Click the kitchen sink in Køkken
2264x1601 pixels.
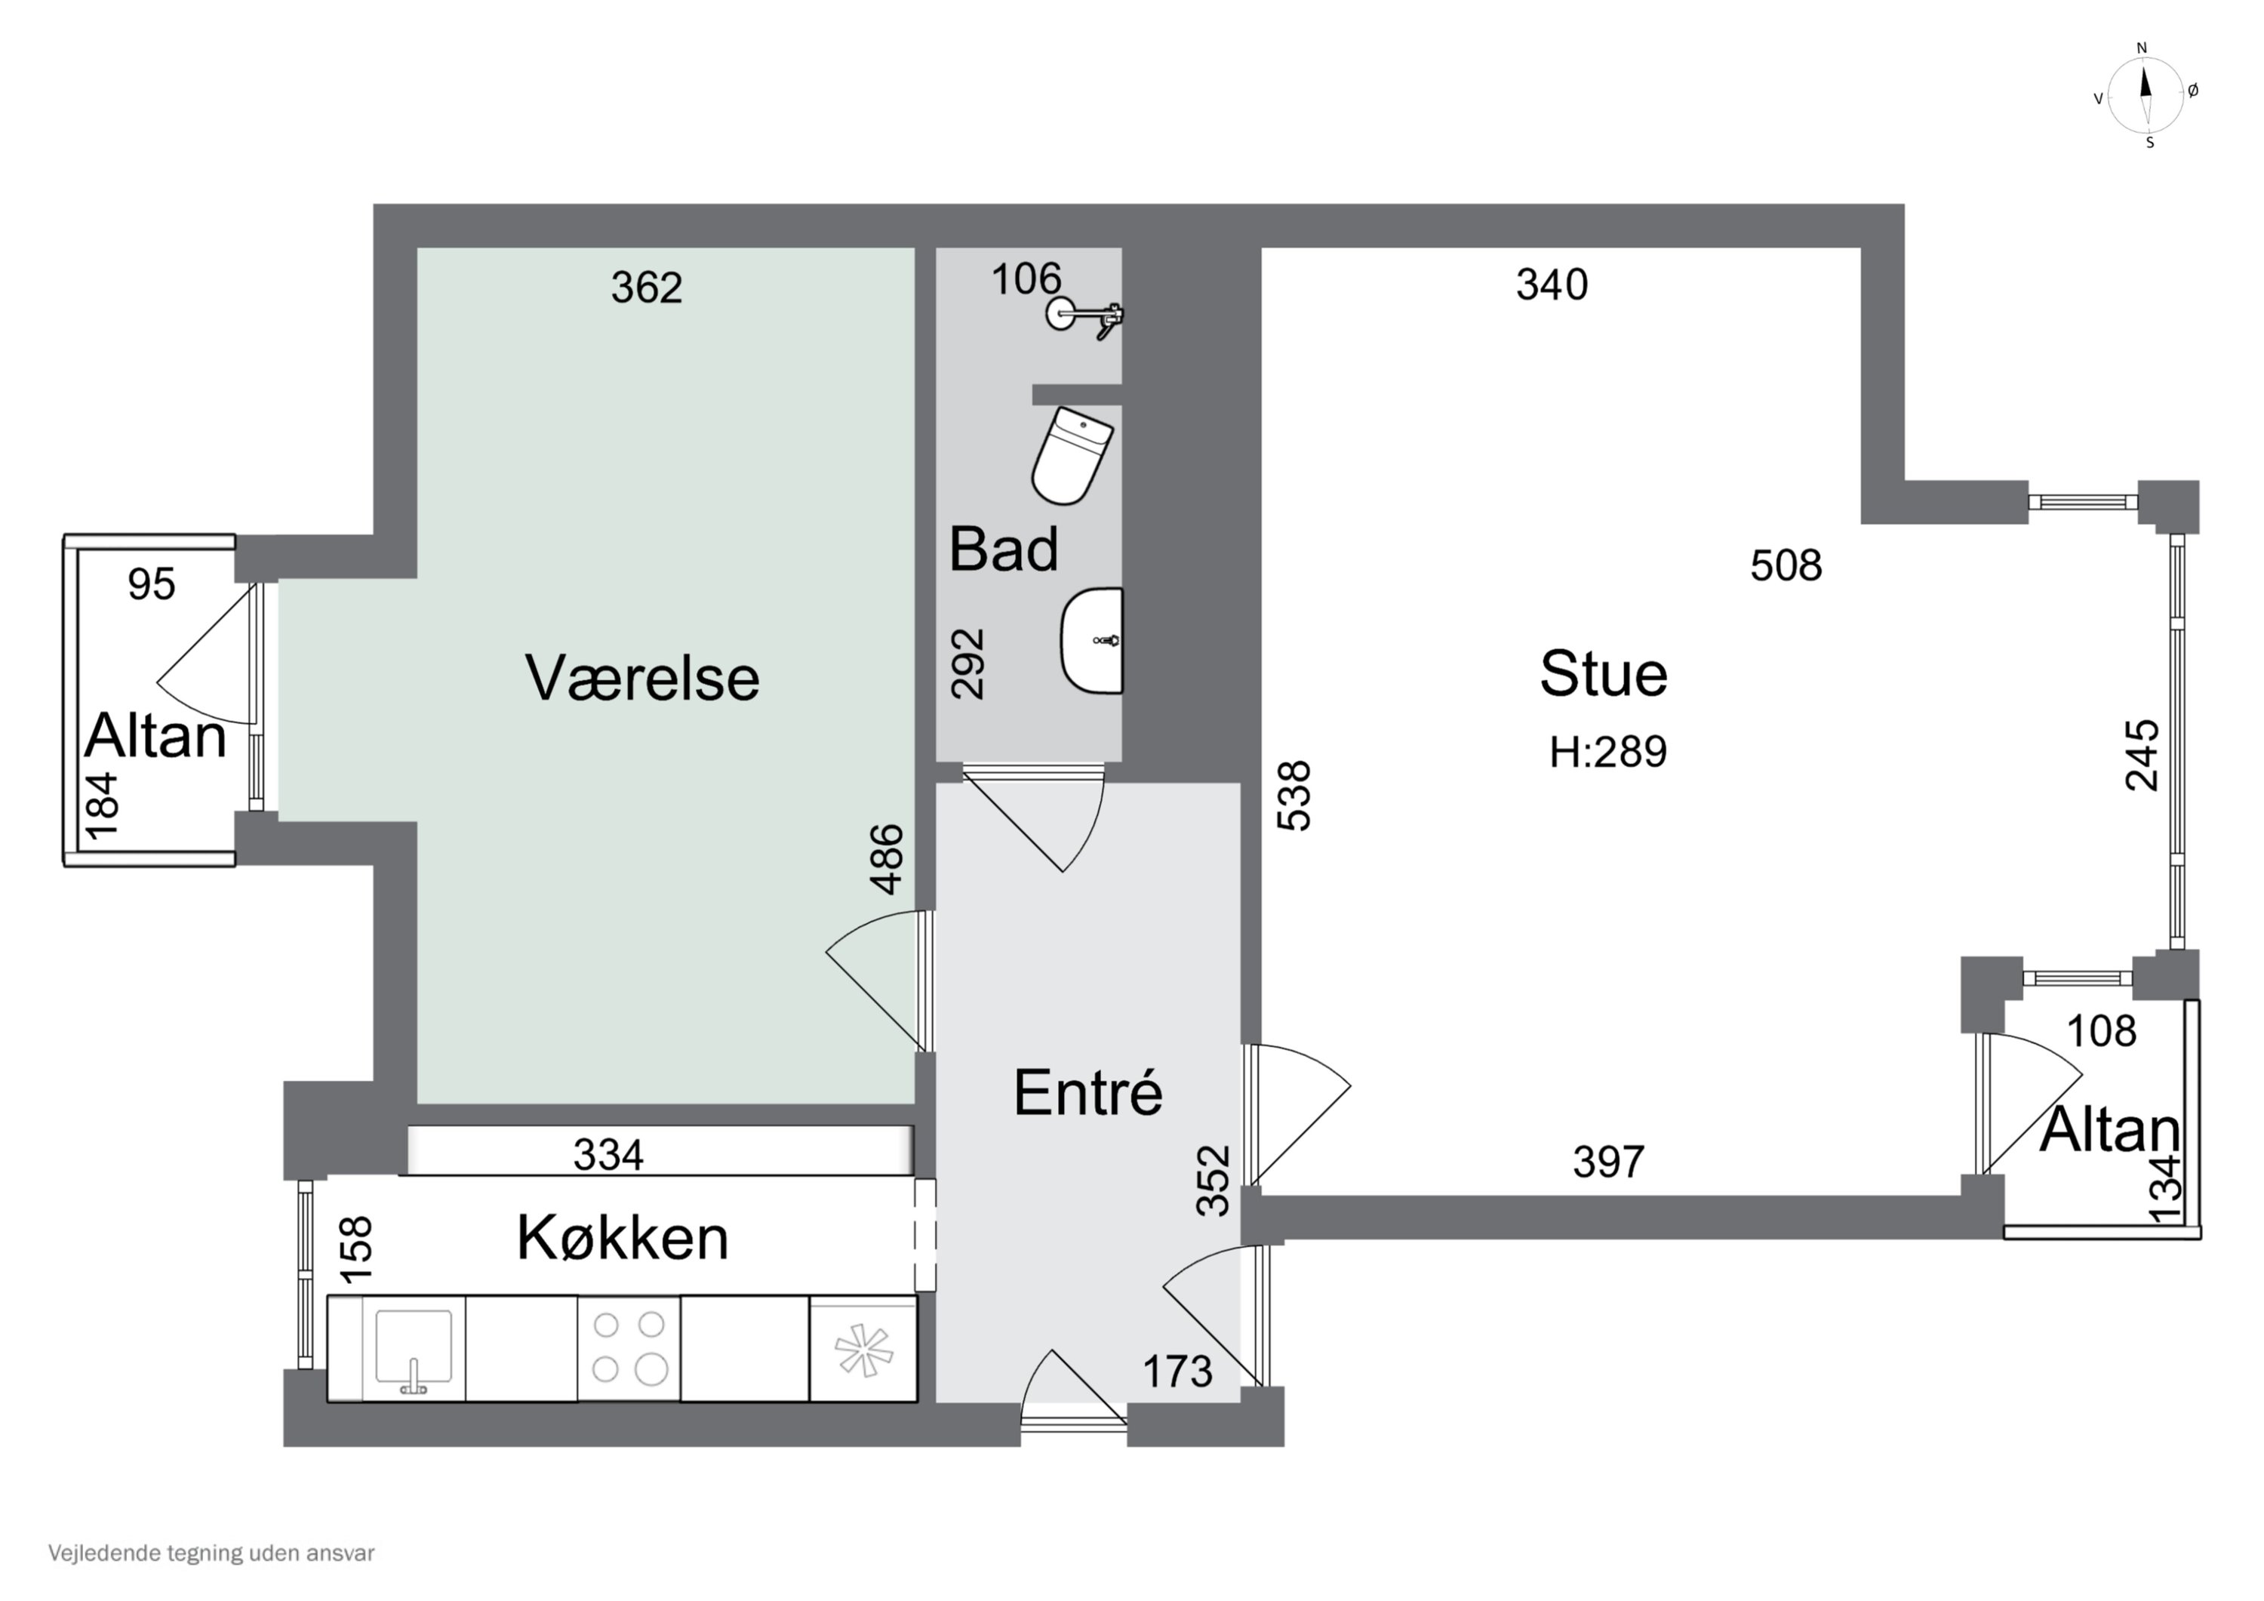coord(414,1347)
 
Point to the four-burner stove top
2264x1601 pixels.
coord(628,1347)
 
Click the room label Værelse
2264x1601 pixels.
coord(642,679)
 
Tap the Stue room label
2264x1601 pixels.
coord(1604,675)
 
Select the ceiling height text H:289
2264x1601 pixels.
coord(1607,752)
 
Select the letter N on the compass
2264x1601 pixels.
coord(2142,48)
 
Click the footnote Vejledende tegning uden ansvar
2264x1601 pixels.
coord(211,1553)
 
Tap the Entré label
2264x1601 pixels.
coord(1087,1093)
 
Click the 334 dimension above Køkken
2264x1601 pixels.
coord(608,1155)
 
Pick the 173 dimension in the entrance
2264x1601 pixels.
coord(1177,1372)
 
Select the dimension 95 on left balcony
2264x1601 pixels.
coord(152,585)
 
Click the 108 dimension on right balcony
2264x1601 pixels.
coord(2101,1032)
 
